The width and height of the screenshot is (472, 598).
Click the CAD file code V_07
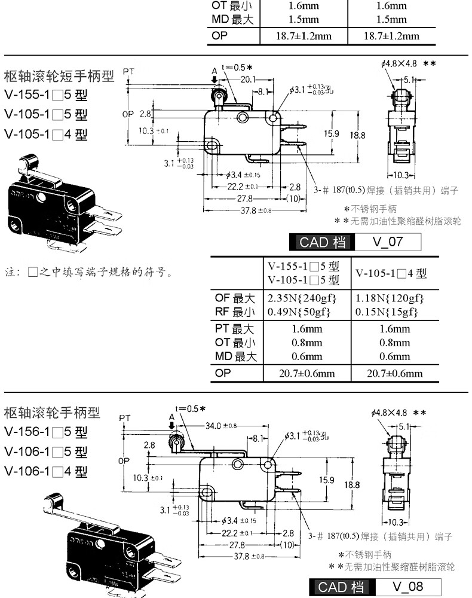click(x=388, y=242)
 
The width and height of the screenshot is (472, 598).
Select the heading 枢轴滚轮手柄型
click(x=52, y=412)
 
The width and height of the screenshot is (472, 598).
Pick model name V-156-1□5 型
click(x=46, y=432)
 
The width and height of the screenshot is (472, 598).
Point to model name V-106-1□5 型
click(x=46, y=451)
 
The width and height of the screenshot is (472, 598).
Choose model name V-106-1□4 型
click(x=46, y=471)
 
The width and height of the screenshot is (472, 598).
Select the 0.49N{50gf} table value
click(x=301, y=312)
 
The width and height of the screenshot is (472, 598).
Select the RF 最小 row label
click(x=235, y=312)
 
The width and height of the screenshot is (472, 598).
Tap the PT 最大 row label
click(x=235, y=329)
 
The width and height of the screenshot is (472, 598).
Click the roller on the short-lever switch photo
click(x=27, y=161)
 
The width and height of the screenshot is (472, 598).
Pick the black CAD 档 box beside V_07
click(x=322, y=242)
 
